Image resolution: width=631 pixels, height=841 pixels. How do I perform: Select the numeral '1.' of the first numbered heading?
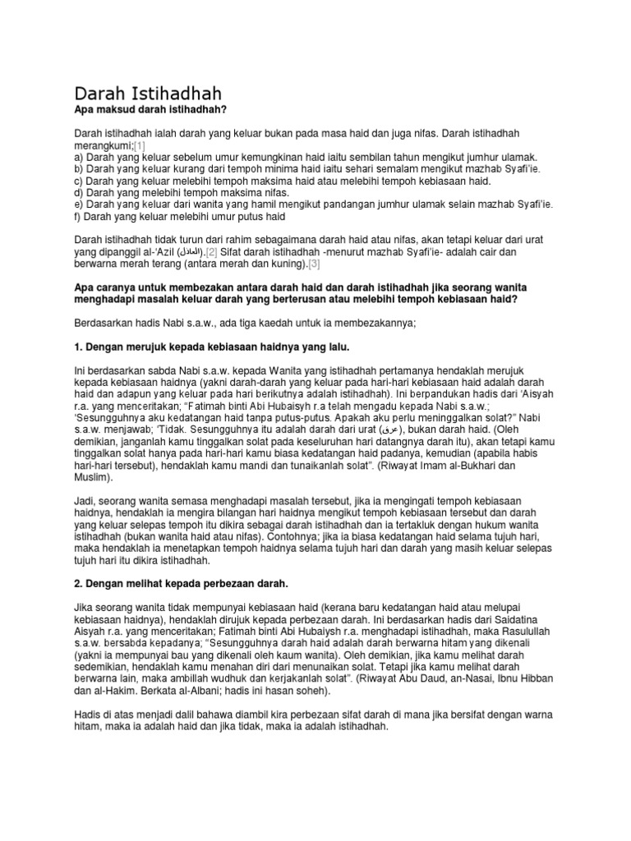pyautogui.click(x=79, y=348)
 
